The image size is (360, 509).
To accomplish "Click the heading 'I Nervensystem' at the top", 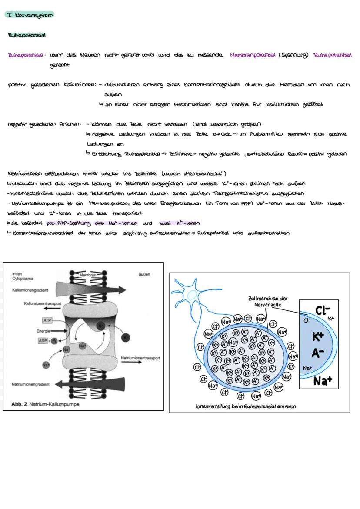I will [29, 15].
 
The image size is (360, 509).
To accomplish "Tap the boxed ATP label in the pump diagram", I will [47, 320].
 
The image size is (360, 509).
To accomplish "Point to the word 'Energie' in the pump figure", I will [43, 331].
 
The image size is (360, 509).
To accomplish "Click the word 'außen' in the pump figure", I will [144, 274].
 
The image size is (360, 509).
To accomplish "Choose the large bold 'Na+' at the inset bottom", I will [323, 381].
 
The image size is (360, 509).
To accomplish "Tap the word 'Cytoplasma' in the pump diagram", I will [21, 280].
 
